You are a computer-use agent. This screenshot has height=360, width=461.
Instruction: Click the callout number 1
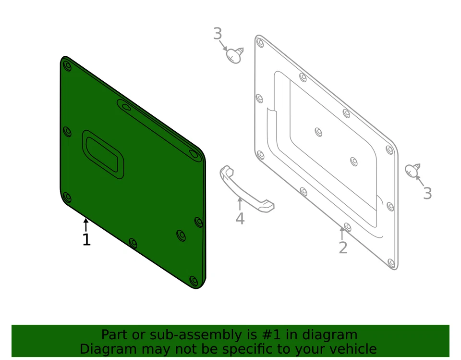pyautogui.click(x=86, y=239)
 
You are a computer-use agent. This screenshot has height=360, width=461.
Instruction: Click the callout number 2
pyautogui.click(x=342, y=248)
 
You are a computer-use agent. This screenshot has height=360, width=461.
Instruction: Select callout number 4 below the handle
pyautogui.click(x=240, y=219)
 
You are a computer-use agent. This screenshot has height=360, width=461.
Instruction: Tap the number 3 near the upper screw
pyautogui.click(x=218, y=34)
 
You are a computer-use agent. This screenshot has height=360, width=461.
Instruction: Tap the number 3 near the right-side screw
pyautogui.click(x=427, y=194)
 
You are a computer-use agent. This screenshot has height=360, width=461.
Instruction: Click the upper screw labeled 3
pyautogui.click(x=234, y=55)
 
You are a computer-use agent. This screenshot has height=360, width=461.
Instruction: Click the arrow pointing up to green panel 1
pyautogui.click(x=86, y=224)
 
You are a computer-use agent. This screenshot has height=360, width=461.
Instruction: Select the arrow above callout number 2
pyautogui.click(x=342, y=233)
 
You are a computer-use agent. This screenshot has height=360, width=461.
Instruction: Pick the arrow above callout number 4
pyautogui.click(x=240, y=203)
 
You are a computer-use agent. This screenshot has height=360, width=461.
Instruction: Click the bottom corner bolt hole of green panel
pyautogui.click(x=194, y=280)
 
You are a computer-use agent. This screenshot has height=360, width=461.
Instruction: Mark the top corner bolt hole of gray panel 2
pyautogui.click(x=260, y=43)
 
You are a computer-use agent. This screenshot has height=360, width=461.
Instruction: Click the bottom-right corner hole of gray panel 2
pyautogui.click(x=391, y=263)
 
